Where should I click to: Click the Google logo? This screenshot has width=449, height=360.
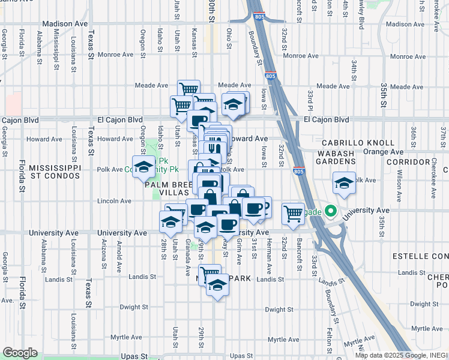coord(19,353)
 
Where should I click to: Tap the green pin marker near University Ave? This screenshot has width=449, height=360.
coord(330,211)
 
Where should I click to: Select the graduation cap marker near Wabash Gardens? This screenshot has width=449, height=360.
coord(343,182)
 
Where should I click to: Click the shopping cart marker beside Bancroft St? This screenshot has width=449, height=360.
coord(293,214)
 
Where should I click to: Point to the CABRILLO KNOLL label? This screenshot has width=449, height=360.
coord(358,143)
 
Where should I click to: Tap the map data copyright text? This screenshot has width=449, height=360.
coord(401,355)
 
